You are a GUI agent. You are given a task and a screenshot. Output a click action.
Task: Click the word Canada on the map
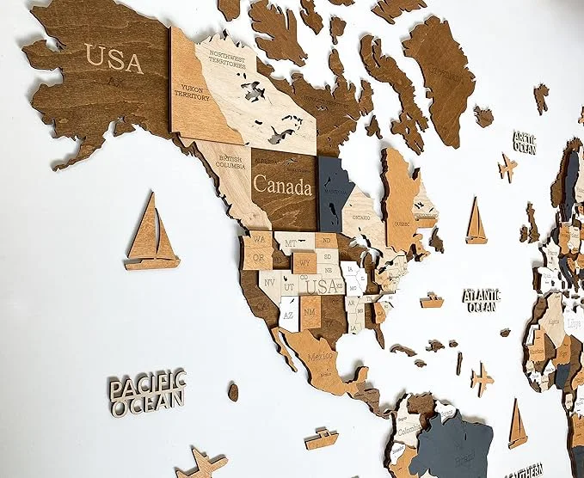click(282, 186)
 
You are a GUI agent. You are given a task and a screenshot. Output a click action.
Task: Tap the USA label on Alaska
click(114, 60)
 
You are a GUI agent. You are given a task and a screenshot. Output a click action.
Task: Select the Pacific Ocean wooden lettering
click(147, 391)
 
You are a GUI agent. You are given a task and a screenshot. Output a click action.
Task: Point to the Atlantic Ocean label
click(483, 299)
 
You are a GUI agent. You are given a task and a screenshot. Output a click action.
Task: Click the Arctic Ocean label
click(524, 142)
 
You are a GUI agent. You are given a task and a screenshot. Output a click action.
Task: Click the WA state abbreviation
click(257, 238)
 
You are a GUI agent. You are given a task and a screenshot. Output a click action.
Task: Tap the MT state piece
click(292, 243)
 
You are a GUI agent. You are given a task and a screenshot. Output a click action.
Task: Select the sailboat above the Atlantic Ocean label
click(476, 221)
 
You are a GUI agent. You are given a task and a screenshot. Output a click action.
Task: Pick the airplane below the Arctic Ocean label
click(507, 168)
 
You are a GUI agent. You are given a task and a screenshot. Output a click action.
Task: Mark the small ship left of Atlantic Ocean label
click(432, 301)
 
